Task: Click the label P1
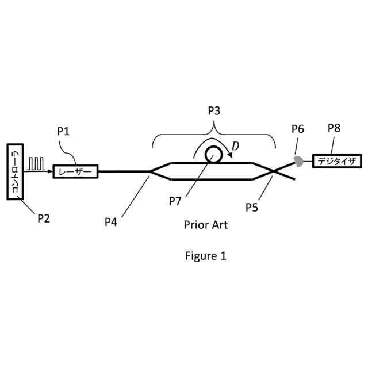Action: [63, 131]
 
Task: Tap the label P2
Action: [44, 218]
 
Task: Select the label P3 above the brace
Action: [213, 110]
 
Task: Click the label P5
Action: [251, 207]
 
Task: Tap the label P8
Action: [334, 128]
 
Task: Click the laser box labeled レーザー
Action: [75, 171]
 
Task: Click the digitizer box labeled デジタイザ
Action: [335, 161]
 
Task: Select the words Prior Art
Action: [206, 225]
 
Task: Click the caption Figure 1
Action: [206, 256]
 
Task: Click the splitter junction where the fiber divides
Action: [151, 171]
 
